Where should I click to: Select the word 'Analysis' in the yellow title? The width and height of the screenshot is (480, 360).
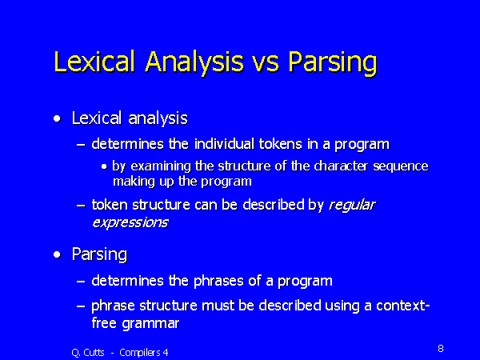coord(194,62)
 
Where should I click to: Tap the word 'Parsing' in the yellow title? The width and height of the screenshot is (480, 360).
coord(333,62)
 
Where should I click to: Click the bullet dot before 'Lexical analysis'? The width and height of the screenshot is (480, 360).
coord(57,118)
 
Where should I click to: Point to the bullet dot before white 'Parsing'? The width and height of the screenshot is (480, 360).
coord(57,254)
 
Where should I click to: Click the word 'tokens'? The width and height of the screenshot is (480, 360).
coord(281,144)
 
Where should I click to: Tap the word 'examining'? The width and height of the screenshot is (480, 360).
coord(160,166)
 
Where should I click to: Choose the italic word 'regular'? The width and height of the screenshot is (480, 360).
coord(352,206)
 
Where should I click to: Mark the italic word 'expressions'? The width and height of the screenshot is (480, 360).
coord(130,223)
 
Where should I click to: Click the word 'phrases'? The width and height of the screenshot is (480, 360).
coord(218,281)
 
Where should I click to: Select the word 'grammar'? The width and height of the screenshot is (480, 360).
coord(150,324)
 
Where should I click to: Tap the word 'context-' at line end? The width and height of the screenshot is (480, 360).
coord(403,306)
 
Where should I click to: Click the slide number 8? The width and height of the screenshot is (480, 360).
coord(441,348)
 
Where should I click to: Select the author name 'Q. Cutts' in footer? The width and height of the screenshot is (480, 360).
coord(88,353)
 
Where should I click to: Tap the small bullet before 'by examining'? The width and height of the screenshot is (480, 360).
coord(105,167)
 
